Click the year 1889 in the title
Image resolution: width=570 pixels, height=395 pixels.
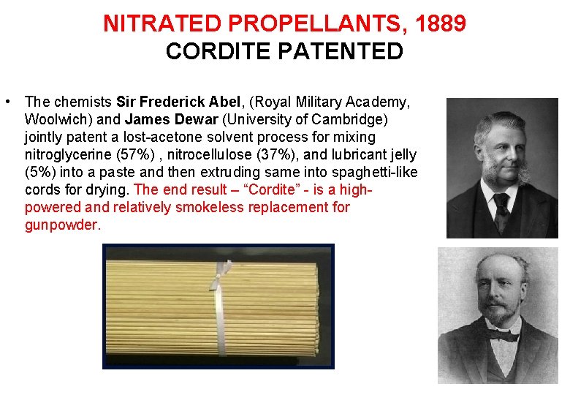coord(439,24)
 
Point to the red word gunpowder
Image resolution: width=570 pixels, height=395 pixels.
coord(61,225)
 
